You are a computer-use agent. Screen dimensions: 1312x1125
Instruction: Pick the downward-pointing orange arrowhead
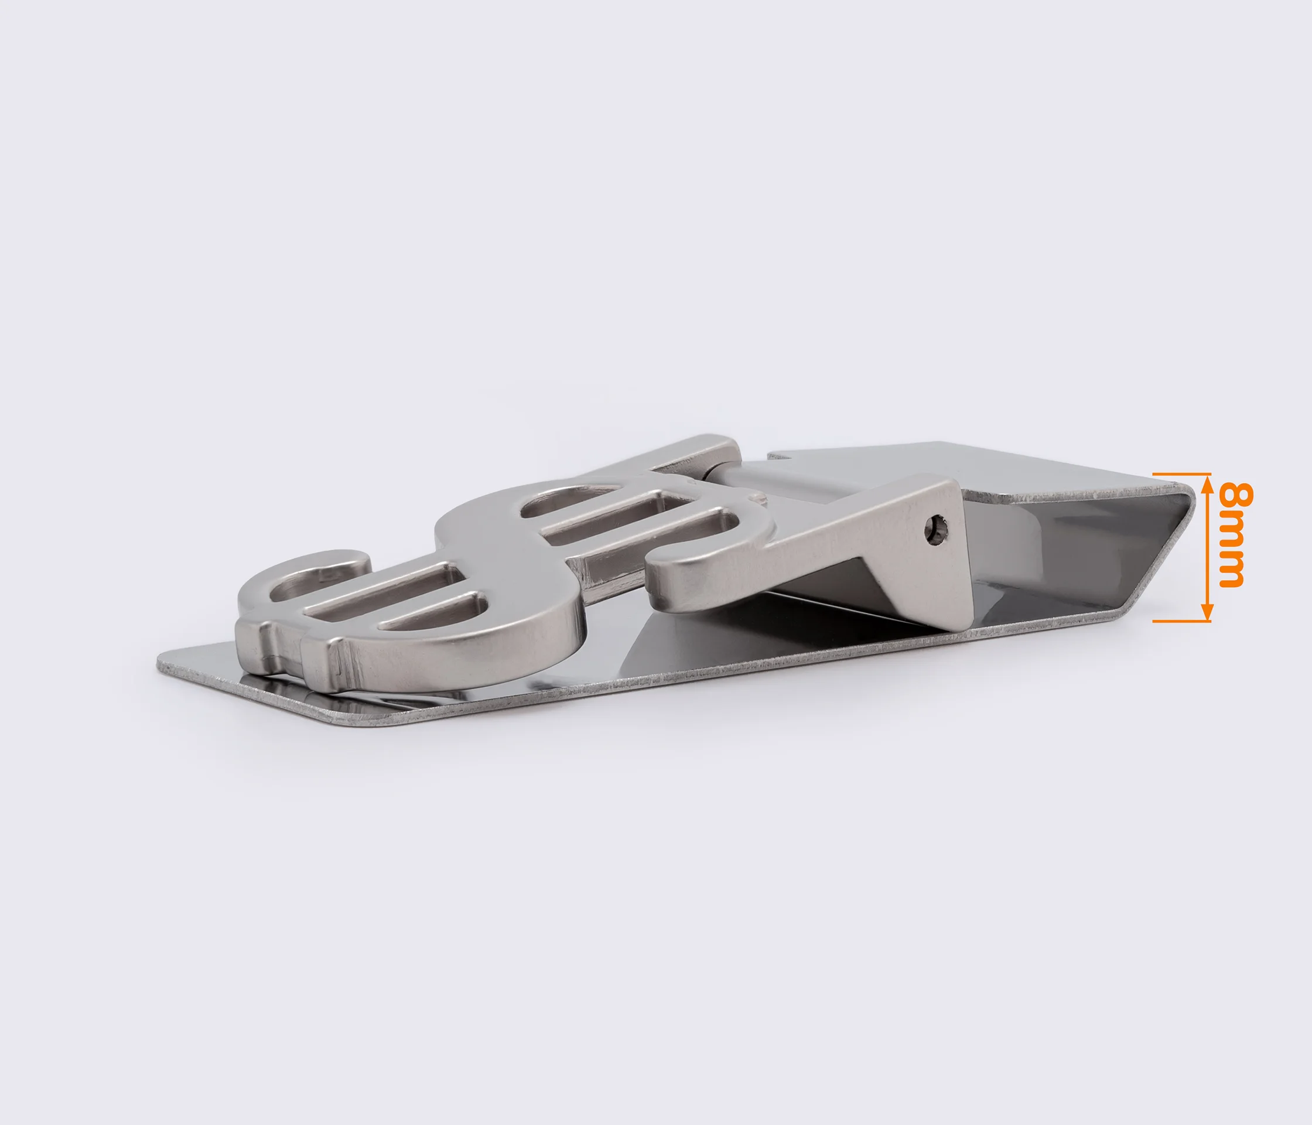pyautogui.click(x=1207, y=612)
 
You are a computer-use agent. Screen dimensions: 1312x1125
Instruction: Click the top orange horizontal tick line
pyautogui.click(x=1181, y=474)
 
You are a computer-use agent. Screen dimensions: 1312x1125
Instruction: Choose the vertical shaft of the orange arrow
pyautogui.click(x=1207, y=548)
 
